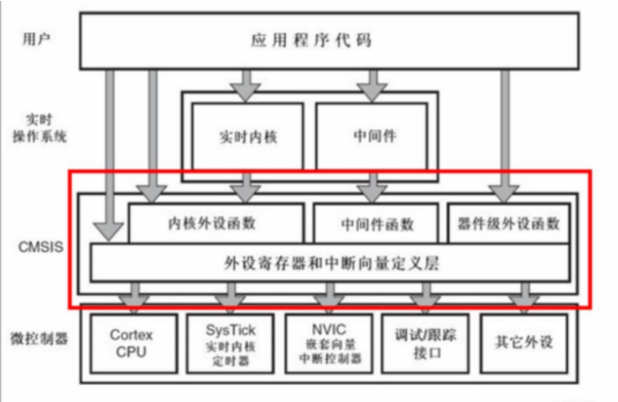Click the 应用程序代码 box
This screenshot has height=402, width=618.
point(329,40)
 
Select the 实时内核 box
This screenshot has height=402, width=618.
point(247,136)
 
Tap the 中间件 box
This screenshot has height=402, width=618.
point(371,136)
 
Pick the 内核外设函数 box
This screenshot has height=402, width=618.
point(217,223)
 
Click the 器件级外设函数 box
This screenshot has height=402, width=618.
point(508,223)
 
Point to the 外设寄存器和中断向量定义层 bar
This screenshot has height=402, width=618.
point(329,263)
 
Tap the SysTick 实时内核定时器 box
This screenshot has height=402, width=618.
point(230,343)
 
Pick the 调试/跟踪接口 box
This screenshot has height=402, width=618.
point(426,343)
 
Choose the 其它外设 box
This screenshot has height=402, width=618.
point(523,343)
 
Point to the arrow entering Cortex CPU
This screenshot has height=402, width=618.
point(135,296)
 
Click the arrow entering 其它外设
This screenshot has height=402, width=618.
point(524,296)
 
